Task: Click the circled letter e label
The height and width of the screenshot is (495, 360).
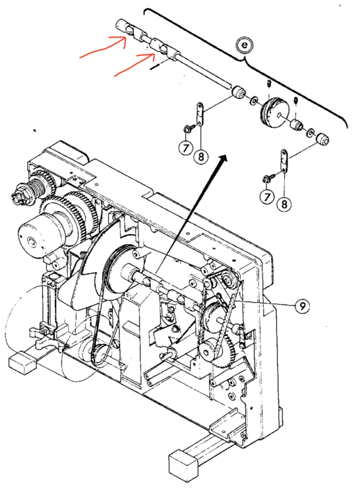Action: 245,46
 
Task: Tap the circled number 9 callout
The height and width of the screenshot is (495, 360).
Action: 302,306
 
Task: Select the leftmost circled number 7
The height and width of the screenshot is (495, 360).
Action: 186,147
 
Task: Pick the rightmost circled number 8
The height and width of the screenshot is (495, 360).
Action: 284,204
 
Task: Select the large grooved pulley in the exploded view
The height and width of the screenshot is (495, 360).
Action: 275,112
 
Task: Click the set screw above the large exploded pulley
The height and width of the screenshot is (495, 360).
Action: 269,84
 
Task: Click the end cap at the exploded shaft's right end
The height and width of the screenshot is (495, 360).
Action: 322,139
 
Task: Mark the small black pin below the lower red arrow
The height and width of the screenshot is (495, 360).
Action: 156,67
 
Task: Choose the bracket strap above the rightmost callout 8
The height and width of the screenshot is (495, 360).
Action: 285,161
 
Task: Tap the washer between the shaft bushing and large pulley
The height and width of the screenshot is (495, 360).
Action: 253,102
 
